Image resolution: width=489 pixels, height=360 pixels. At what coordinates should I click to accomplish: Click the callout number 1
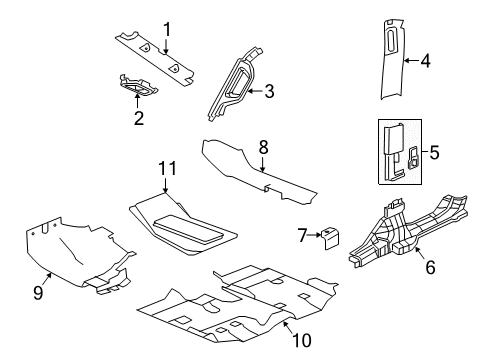tap(168, 28)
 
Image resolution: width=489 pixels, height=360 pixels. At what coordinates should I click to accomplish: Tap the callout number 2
tap(138, 119)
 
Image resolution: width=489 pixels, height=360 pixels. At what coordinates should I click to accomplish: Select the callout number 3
tap(268, 91)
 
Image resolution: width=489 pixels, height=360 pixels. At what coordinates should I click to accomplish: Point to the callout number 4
tap(426, 60)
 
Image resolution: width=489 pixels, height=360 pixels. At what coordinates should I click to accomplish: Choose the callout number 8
tap(264, 146)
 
